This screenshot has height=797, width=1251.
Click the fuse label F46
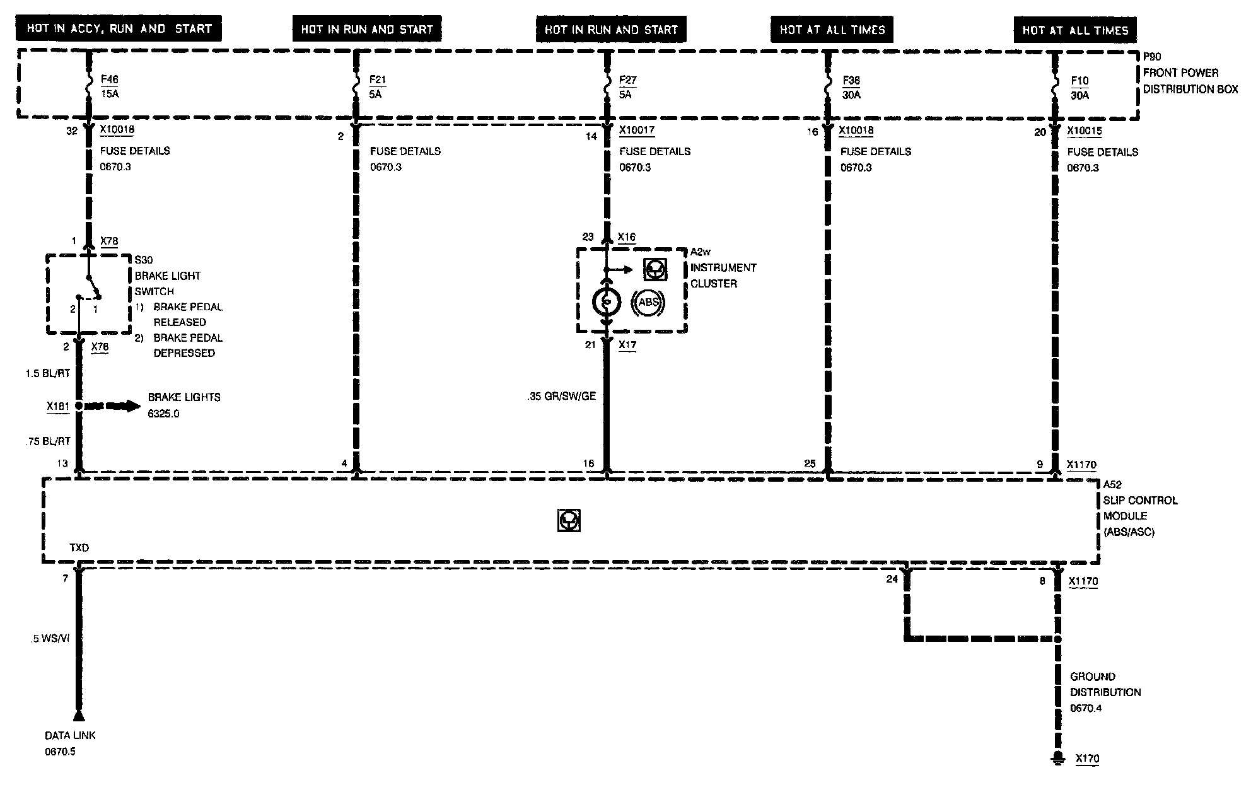(x=109, y=79)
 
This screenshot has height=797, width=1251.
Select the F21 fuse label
(x=377, y=79)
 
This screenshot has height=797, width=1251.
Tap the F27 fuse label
(x=627, y=79)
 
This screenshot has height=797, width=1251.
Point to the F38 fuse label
(x=851, y=80)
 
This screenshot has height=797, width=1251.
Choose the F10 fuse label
(x=1079, y=81)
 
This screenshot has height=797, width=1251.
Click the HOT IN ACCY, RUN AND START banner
(x=119, y=29)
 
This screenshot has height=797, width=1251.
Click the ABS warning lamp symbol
(x=648, y=303)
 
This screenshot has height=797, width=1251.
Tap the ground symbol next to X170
(x=1058, y=759)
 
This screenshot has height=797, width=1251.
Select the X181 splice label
(x=58, y=406)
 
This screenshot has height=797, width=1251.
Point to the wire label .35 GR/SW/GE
(x=562, y=397)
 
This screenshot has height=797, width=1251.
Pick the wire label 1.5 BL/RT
(x=48, y=373)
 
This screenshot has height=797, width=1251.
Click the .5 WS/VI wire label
(x=50, y=639)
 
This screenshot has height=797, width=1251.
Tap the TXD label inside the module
(x=79, y=548)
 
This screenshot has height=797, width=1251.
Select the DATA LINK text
(x=70, y=735)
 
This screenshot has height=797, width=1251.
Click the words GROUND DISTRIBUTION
(x=1105, y=684)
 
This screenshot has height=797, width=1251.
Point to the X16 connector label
(x=626, y=237)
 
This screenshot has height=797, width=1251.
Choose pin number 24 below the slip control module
(x=892, y=579)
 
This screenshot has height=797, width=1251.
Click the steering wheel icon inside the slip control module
(x=569, y=521)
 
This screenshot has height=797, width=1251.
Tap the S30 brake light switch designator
(x=144, y=260)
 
